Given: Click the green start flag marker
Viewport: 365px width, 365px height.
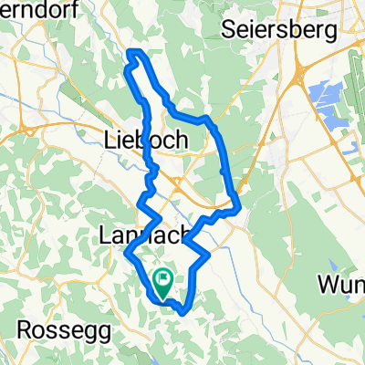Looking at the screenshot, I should click(164, 284).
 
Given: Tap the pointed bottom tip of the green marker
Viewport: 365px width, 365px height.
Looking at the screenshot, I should click(164, 298).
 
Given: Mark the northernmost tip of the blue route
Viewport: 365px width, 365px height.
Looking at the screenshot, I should click(133, 50).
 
